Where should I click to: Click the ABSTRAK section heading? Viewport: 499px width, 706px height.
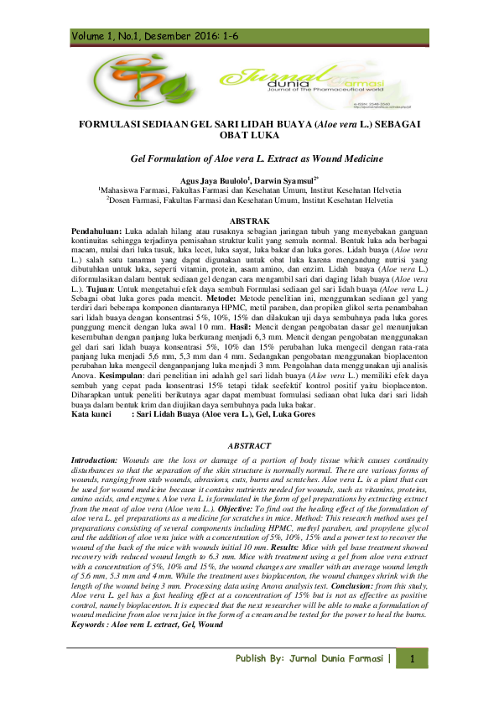249,218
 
